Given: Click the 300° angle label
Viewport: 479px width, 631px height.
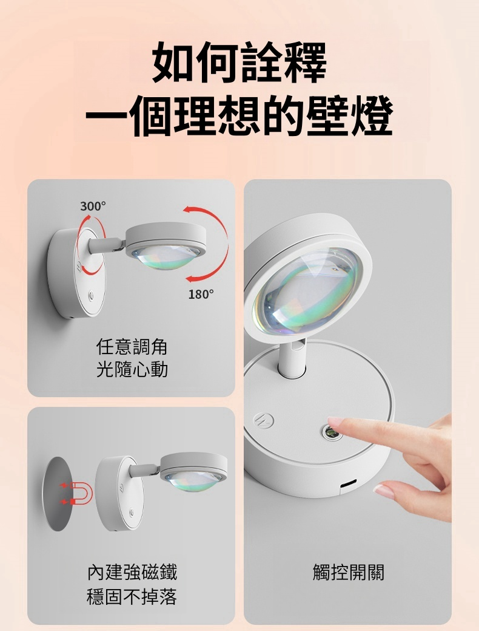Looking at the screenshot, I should (x=93, y=206).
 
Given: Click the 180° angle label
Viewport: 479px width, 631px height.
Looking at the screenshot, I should (x=201, y=295).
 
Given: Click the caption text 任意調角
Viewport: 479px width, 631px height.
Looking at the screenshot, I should (x=132, y=347).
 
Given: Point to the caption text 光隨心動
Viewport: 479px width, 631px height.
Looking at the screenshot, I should (x=132, y=369).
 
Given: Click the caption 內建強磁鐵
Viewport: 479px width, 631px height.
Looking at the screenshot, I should (x=132, y=572).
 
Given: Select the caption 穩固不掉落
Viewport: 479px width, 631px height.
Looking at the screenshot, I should (x=132, y=596).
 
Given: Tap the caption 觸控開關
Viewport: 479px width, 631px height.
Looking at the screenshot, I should (x=348, y=572).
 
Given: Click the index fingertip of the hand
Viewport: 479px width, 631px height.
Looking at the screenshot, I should (x=335, y=423).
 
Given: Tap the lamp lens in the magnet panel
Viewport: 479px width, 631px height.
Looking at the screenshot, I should (x=193, y=477).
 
